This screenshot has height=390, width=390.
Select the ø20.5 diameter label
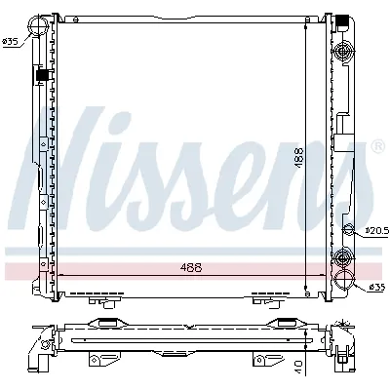point(375,231)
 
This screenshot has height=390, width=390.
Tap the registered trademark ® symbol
point(377,147)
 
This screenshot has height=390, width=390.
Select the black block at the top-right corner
point(342,20)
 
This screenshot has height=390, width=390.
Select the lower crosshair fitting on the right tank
point(342,257)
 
